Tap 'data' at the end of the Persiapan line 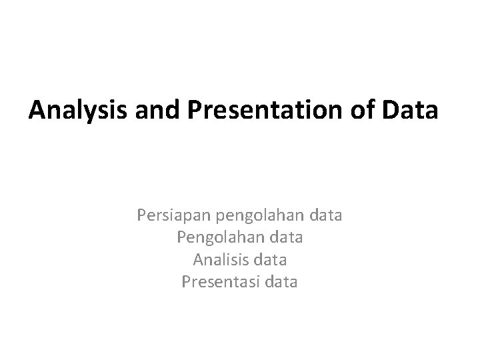(x=326, y=215)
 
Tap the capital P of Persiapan (x=141, y=216)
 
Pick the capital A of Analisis (x=197, y=259)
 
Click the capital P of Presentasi (x=186, y=282)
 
